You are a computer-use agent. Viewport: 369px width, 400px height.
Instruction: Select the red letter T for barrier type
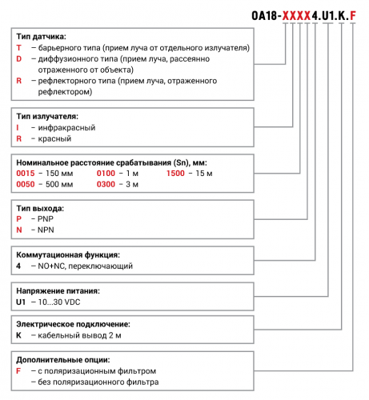click(x=19, y=48)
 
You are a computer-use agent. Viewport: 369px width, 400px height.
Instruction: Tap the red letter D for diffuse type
click(x=19, y=59)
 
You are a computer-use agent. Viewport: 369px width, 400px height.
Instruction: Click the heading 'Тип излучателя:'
click(x=49, y=116)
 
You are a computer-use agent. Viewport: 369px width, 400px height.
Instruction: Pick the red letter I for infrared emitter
click(x=18, y=127)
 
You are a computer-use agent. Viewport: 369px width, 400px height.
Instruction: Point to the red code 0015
click(x=26, y=174)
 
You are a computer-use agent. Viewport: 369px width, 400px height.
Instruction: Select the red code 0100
click(x=106, y=174)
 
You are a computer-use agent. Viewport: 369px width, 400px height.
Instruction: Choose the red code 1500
click(x=177, y=174)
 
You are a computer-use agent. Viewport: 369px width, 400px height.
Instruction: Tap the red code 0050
click(x=26, y=185)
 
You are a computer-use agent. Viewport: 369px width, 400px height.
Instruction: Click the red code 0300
click(x=106, y=185)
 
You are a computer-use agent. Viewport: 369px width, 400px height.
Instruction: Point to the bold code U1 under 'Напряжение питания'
click(x=22, y=301)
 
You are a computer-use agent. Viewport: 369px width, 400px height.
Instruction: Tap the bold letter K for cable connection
click(x=19, y=336)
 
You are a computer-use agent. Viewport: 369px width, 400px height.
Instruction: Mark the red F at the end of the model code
click(x=354, y=14)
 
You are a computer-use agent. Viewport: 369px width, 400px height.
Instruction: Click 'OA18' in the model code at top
click(x=263, y=14)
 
